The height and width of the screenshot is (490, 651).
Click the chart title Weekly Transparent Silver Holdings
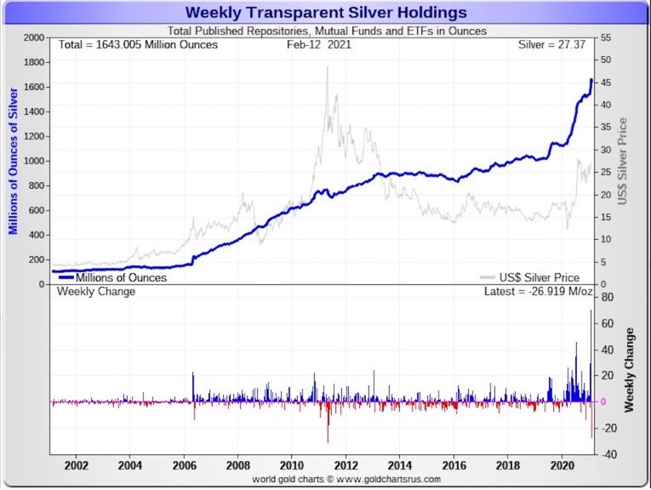point(326,13)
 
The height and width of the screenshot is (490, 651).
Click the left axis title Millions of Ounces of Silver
point(13,161)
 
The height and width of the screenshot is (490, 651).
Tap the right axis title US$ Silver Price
point(622,161)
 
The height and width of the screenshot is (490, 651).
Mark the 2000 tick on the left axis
point(34,38)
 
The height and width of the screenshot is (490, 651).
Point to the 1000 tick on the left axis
point(34,161)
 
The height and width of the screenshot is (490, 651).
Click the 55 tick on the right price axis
point(605,38)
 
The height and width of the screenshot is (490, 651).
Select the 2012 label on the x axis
point(345,466)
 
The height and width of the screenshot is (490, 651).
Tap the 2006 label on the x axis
point(184,466)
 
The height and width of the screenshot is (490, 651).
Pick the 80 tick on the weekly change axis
point(608,298)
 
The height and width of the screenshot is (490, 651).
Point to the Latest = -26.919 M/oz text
point(534,292)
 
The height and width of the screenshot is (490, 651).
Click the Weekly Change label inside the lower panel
point(95,292)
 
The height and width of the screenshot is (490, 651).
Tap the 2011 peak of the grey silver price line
point(328,67)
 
